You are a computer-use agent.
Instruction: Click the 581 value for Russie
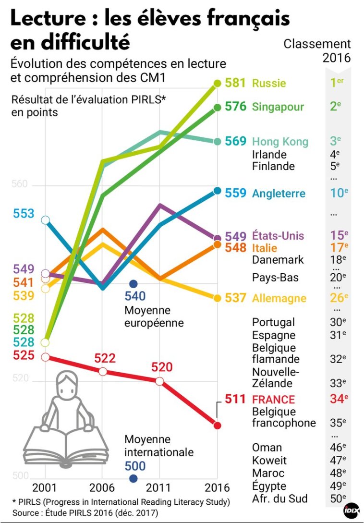tap(235, 83)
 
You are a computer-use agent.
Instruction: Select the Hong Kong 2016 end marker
tap(217, 141)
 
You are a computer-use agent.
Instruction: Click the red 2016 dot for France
tap(217, 425)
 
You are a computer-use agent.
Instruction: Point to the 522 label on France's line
tap(105, 359)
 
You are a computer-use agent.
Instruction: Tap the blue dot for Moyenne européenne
tap(133, 284)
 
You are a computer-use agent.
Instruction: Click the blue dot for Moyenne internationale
tap(133, 478)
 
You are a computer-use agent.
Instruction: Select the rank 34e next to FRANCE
tap(339, 399)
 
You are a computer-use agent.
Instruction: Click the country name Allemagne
tap(279, 298)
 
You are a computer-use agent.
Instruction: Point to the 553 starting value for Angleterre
tap(24, 213)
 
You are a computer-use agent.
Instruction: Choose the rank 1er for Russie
tap(337, 83)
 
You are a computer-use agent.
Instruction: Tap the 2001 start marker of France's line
tap(46, 357)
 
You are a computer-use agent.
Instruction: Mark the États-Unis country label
tap(278, 236)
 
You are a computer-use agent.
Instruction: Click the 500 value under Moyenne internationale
tap(135, 465)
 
